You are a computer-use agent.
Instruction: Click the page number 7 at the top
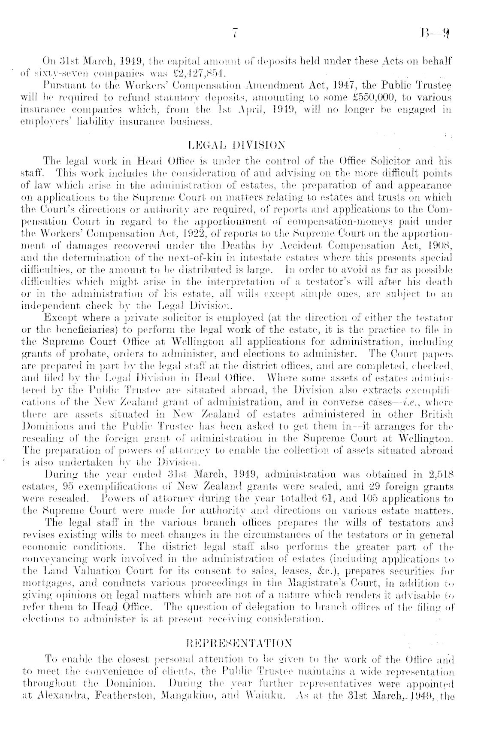tap(234, 33)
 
